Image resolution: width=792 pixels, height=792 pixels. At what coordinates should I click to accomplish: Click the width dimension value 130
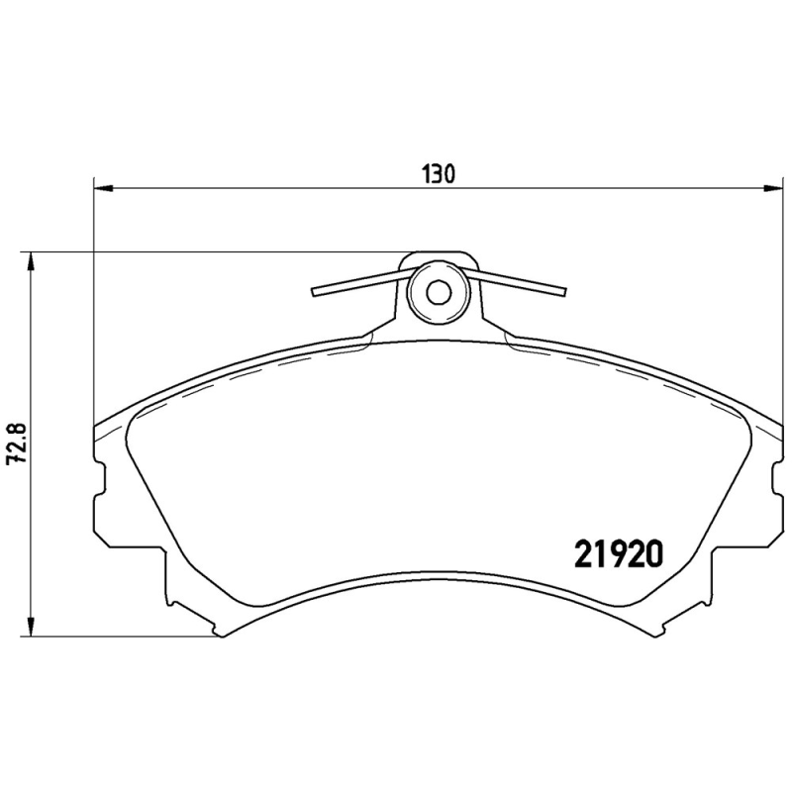tap(439, 174)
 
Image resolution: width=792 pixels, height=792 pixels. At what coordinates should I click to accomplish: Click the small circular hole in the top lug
tap(438, 292)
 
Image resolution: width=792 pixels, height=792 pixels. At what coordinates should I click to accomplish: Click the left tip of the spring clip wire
tap(314, 292)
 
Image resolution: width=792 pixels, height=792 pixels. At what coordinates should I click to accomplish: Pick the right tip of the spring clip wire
tap(564, 291)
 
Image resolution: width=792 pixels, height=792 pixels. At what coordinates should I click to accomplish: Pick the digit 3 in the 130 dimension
tap(439, 174)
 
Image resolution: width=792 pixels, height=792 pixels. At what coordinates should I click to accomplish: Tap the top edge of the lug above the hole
tap(438, 252)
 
